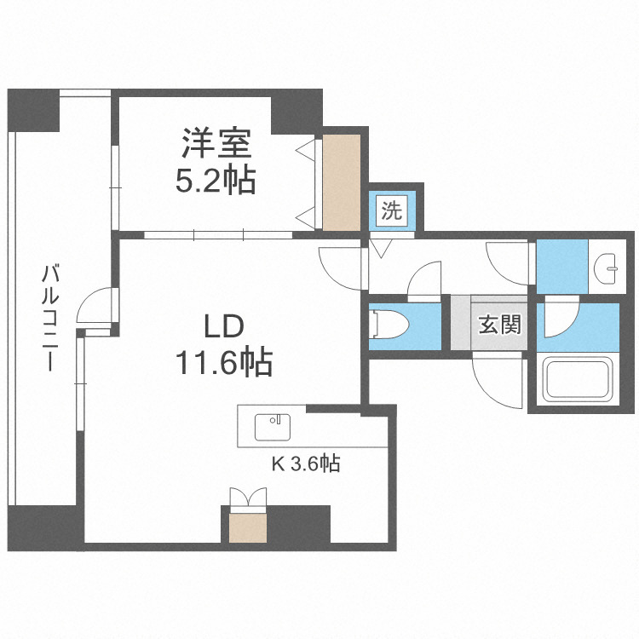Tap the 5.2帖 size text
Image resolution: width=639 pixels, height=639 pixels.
[216, 181]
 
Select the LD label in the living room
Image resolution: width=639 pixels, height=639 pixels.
[223, 327]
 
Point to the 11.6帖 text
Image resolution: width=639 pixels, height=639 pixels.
[223, 364]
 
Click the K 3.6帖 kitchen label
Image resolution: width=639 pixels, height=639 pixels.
[306, 464]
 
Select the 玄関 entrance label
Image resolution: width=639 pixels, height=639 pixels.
[498, 325]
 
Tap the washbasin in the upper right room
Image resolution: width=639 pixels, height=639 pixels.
[609, 268]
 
